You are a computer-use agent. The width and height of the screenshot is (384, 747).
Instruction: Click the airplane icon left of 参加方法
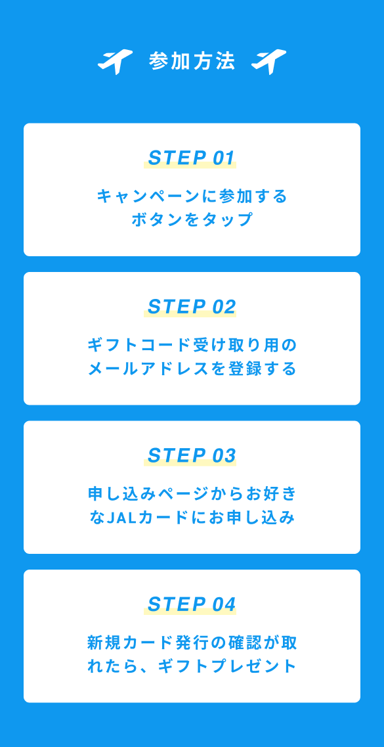pos(114,62)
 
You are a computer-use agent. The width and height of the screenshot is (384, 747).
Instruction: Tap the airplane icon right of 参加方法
pos(269,62)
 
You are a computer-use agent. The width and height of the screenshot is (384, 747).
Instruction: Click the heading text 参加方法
pos(192,62)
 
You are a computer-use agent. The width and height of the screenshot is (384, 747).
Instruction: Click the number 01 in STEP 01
pos(224,158)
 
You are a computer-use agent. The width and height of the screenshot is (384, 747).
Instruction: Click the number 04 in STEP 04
pos(224,604)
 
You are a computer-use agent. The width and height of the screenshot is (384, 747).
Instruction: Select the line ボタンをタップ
pos(192,220)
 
